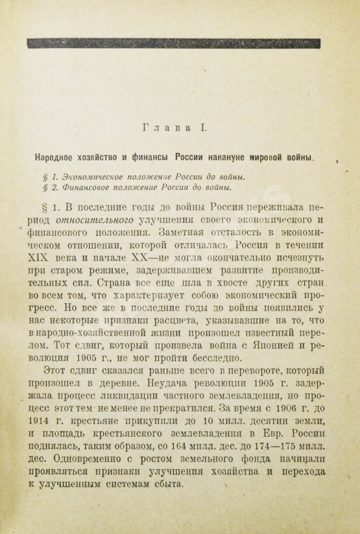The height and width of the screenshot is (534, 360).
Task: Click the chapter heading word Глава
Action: click(x=165, y=129)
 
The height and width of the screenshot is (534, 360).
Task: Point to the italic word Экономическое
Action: click(x=90, y=176)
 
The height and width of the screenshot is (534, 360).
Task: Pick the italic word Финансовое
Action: click(x=82, y=188)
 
